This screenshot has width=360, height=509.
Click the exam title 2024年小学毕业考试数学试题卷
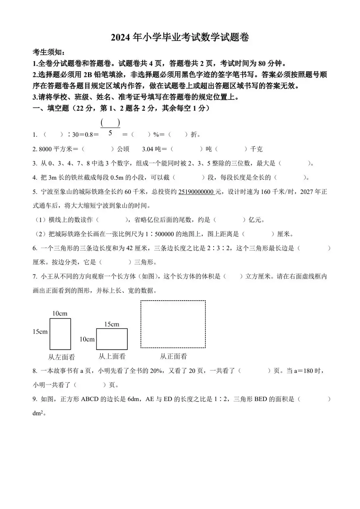[x=180, y=37]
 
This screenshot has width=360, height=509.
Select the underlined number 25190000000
[x=196, y=192]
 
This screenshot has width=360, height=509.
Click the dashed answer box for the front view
[x=173, y=324]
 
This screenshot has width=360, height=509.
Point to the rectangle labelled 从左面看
[x=60, y=334]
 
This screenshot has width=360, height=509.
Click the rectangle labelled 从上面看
[x=112, y=339]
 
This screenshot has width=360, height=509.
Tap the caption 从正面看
[x=174, y=356]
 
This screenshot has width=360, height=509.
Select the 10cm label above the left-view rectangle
[x=60, y=314]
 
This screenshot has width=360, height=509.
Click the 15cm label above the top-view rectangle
[x=112, y=324]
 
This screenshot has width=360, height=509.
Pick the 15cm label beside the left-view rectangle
[x=40, y=332]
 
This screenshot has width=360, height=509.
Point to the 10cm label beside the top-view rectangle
[x=87, y=339]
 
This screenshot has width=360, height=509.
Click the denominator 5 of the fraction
[x=110, y=133]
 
